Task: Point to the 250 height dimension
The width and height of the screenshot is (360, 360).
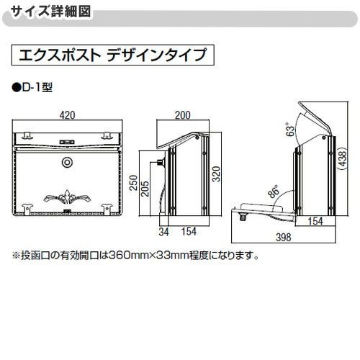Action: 132,188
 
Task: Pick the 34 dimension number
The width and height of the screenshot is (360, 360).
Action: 164,231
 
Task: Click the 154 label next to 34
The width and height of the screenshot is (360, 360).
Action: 188,231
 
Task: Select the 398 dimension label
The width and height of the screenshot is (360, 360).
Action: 282,238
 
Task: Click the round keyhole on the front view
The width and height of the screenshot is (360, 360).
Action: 68,162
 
